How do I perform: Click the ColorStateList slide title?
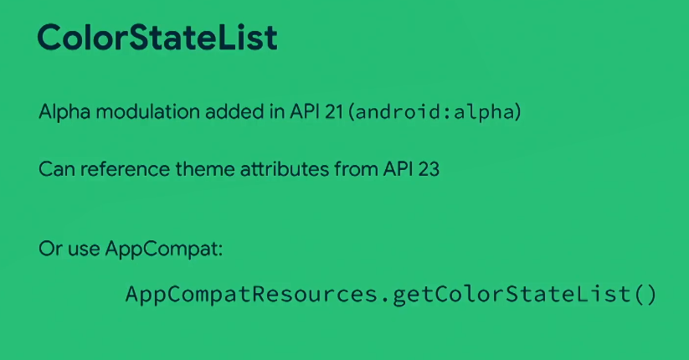pos(157,37)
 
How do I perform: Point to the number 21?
pos(334,111)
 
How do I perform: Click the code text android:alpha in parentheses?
pos(434,112)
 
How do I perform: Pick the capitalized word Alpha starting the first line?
pos(64,111)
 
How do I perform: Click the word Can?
pos(57,169)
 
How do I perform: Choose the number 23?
pos(429,169)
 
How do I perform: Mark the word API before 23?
pos(398,169)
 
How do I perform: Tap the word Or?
pos(50,249)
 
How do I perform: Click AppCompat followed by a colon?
pos(164,249)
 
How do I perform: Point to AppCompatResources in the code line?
pos(251,294)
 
